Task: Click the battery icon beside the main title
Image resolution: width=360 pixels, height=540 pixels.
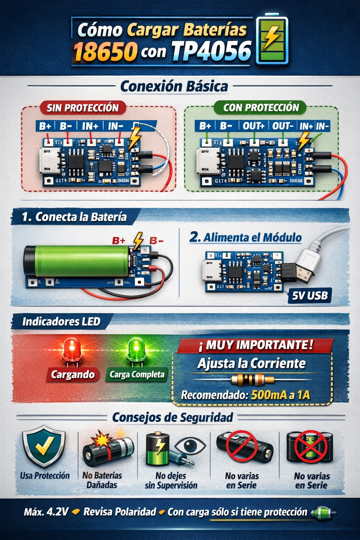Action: click(272, 39)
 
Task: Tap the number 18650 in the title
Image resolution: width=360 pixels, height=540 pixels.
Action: click(105, 51)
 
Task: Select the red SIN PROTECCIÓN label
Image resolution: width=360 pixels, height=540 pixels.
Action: click(83, 108)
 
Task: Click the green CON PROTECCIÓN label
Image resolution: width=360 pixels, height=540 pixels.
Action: click(261, 108)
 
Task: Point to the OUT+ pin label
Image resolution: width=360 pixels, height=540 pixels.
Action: click(253, 126)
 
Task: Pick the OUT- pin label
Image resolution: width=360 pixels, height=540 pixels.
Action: click(283, 126)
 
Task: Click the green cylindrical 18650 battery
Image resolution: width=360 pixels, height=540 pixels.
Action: click(77, 261)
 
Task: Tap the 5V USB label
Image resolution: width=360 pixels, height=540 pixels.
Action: click(310, 296)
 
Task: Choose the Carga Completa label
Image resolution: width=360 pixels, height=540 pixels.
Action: click(137, 375)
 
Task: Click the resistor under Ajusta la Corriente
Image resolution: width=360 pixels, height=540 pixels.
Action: click(252, 380)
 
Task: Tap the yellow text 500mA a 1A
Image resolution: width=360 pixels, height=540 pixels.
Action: click(281, 395)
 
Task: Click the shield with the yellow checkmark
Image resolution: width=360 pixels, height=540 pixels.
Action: click(44, 446)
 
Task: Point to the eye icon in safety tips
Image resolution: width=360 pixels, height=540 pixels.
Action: click(190, 446)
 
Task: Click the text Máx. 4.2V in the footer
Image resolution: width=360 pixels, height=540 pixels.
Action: click(46, 512)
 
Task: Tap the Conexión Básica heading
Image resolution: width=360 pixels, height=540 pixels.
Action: click(174, 86)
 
